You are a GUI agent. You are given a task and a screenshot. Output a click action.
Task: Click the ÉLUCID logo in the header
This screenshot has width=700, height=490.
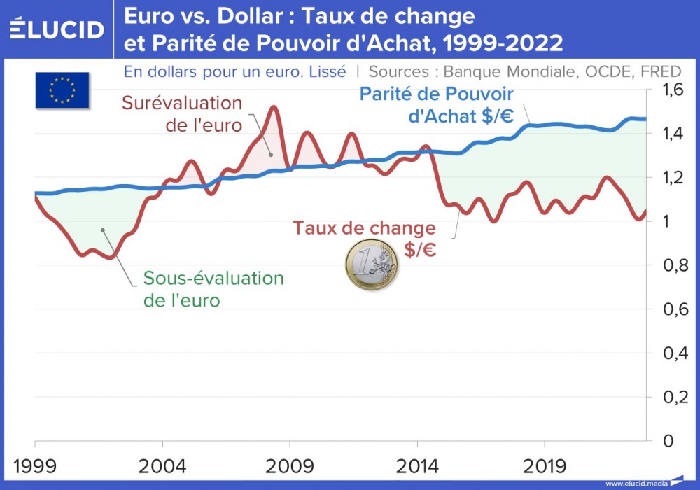click(x=57, y=29)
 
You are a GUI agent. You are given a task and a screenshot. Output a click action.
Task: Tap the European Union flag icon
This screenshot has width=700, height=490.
click(x=62, y=90)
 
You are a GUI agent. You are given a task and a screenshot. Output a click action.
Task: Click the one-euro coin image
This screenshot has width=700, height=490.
click(x=371, y=265)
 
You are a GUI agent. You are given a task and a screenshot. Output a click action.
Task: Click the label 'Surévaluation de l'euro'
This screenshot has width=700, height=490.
click(x=182, y=114)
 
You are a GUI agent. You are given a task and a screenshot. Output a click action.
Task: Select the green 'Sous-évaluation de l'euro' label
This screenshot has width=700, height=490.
click(x=213, y=289)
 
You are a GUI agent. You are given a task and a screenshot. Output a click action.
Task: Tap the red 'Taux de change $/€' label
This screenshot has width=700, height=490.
click(x=364, y=239)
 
